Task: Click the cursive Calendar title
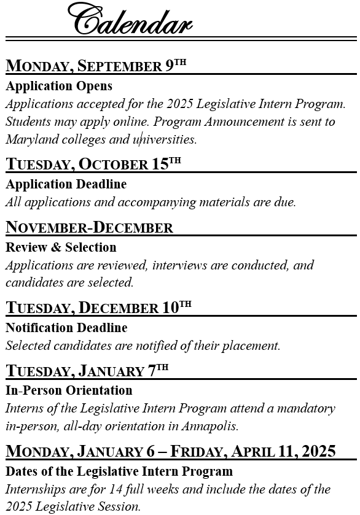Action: click(130, 19)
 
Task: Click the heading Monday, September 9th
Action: click(96, 66)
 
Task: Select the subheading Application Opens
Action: click(59, 86)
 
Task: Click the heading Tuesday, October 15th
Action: click(93, 164)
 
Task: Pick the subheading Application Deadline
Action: click(66, 184)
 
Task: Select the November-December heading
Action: click(89, 227)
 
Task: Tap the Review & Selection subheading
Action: click(61, 247)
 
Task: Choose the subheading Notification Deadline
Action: click(66, 328)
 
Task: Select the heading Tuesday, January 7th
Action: click(87, 371)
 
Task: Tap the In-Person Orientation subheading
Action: click(69, 390)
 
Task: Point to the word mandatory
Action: click(305, 408)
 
